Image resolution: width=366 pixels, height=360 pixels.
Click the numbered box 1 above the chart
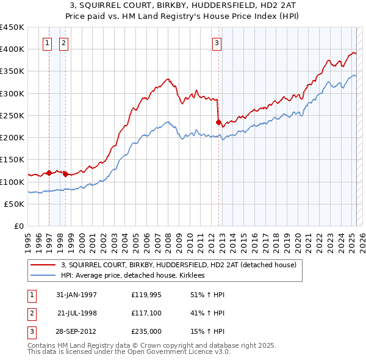(x=48, y=43)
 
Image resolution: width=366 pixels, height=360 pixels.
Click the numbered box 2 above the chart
(x=64, y=43)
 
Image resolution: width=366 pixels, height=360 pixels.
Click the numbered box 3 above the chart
(x=217, y=43)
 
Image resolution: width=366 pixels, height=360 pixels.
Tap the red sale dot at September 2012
(x=218, y=122)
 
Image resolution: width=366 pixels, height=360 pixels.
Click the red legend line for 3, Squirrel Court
(x=43, y=265)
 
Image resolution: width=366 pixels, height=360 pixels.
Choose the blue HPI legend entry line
(x=43, y=276)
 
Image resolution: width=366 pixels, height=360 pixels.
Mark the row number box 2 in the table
(x=31, y=313)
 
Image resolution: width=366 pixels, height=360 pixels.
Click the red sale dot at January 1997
(x=49, y=173)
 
